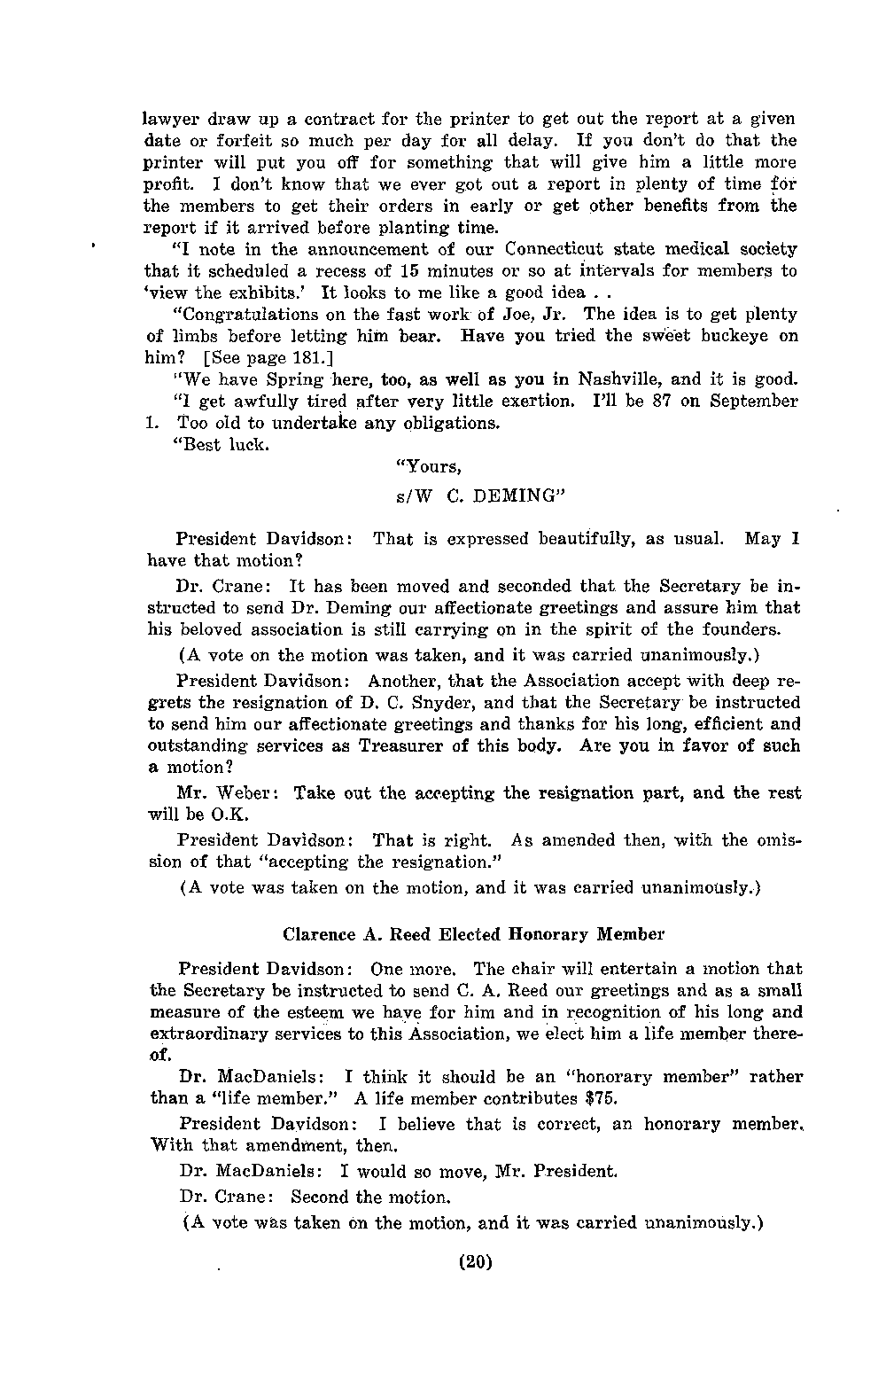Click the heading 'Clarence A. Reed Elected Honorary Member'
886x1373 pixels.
click(x=473, y=934)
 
